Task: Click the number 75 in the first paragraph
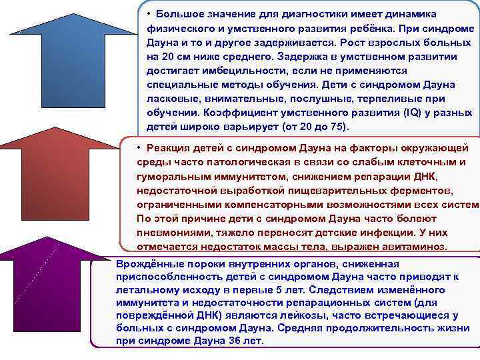337,127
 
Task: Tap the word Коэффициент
235,113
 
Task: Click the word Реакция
173,147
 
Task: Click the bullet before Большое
151,13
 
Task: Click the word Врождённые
146,263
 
